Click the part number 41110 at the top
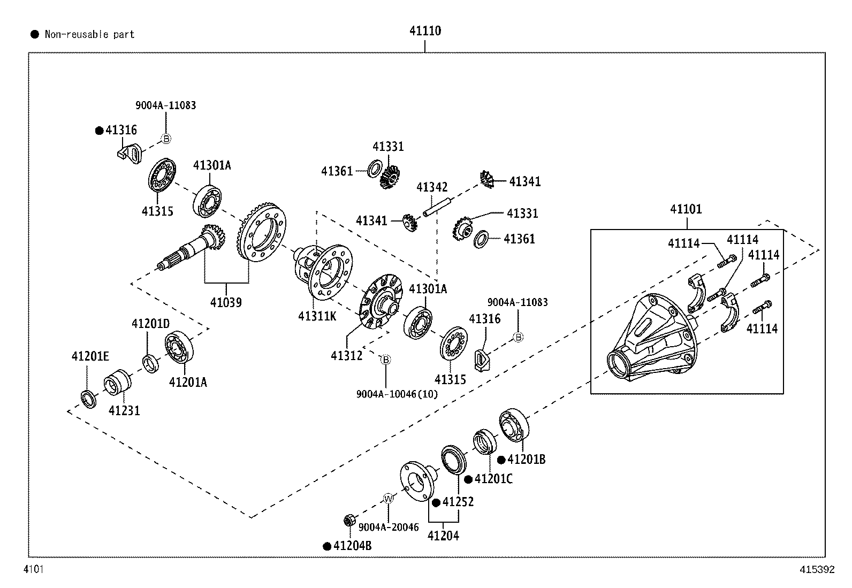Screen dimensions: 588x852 425,31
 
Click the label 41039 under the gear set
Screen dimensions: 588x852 225,302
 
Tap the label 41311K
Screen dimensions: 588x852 317,316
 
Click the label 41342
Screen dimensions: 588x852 432,187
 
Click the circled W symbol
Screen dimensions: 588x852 389,499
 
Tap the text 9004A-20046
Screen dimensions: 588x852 388,527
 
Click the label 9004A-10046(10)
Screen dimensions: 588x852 397,394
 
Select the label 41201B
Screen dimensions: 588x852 526,460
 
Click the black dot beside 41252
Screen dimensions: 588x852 436,502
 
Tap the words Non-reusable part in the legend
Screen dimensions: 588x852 89,35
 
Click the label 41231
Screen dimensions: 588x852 124,411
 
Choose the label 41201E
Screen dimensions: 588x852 90,356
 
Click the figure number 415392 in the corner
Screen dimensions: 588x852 817,570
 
